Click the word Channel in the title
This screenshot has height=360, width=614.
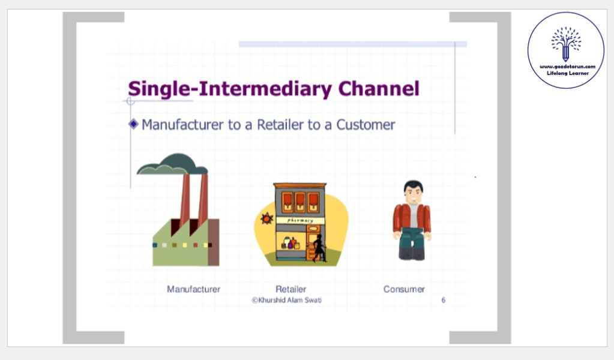tap(379, 88)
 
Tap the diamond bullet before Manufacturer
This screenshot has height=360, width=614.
tap(133, 124)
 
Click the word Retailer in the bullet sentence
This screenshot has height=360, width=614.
tap(280, 124)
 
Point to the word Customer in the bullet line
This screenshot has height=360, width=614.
tap(366, 124)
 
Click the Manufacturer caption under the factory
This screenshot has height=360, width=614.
tap(193, 289)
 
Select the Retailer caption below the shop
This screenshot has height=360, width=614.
tap(290, 289)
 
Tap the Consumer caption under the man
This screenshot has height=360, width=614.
tap(404, 289)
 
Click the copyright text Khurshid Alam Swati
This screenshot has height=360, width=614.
tap(287, 300)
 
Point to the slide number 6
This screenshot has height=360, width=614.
tap(444, 300)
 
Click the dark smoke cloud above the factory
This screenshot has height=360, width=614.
tap(172, 164)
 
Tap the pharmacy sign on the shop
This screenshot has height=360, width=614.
tap(300, 220)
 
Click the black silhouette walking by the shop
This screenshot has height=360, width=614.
tap(319, 248)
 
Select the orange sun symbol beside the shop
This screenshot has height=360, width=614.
tap(266, 219)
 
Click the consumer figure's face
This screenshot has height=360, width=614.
tap(414, 194)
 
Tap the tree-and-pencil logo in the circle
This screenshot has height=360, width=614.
tap(566, 44)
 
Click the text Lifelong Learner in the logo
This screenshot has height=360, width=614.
tap(567, 73)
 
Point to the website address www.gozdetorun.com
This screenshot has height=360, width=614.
tap(567, 67)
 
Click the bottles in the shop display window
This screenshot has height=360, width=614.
tap(290, 243)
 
